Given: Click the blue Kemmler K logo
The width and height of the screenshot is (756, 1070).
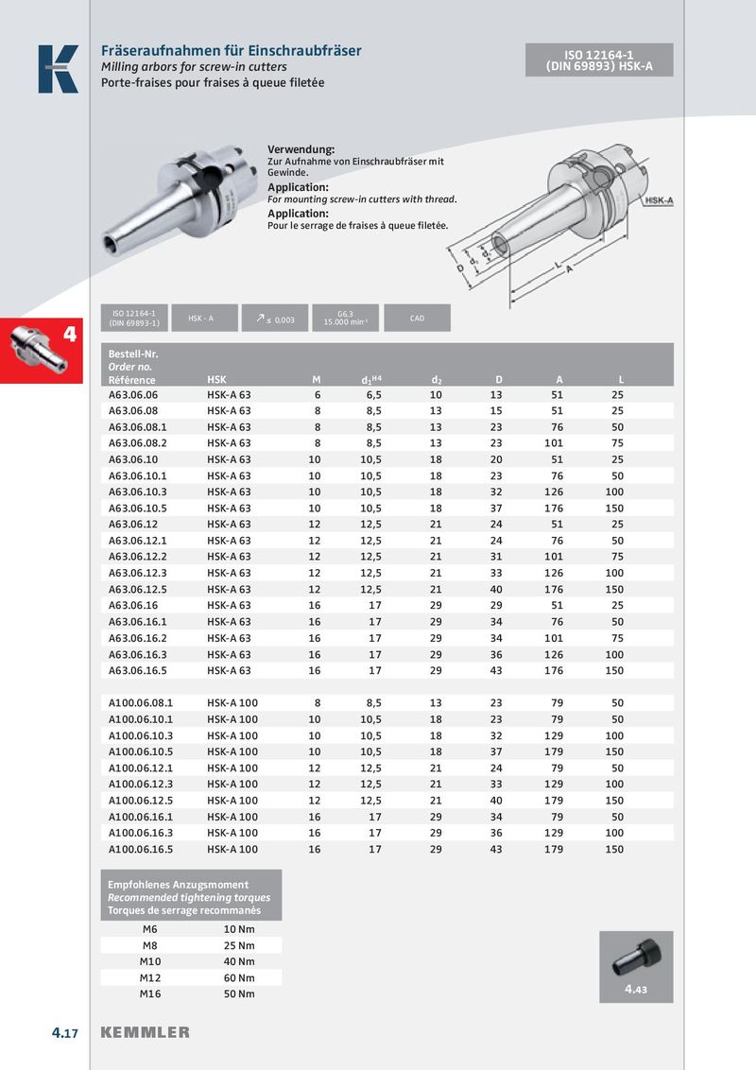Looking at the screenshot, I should tap(58, 69).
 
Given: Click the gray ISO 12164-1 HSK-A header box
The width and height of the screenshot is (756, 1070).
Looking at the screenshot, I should tap(599, 60).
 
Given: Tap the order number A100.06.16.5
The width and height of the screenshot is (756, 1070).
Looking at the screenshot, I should tap(141, 849).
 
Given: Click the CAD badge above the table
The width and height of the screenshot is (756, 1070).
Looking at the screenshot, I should tap(417, 319).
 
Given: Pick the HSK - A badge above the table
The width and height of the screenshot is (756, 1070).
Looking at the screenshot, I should tap(200, 319).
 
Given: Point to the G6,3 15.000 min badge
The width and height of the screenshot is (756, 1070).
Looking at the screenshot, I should tap(345, 319).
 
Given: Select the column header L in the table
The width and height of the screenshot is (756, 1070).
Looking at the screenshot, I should tap(620, 379).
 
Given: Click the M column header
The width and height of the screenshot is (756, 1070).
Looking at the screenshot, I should tap(317, 379).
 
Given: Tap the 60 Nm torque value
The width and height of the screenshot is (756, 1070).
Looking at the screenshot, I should tap(232, 977).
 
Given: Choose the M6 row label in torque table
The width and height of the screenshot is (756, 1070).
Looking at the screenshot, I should tap(149, 929).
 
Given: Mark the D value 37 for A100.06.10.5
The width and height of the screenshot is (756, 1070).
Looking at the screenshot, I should tap(497, 751).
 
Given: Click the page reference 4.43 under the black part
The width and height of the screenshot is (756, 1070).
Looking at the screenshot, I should tap(636, 991).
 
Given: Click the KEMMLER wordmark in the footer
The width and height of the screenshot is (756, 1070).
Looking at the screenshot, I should tap(146, 1033).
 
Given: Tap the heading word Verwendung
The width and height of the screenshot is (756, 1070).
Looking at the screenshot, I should tap(301, 150).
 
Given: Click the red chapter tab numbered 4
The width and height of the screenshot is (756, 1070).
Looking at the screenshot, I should tap(44, 350).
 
